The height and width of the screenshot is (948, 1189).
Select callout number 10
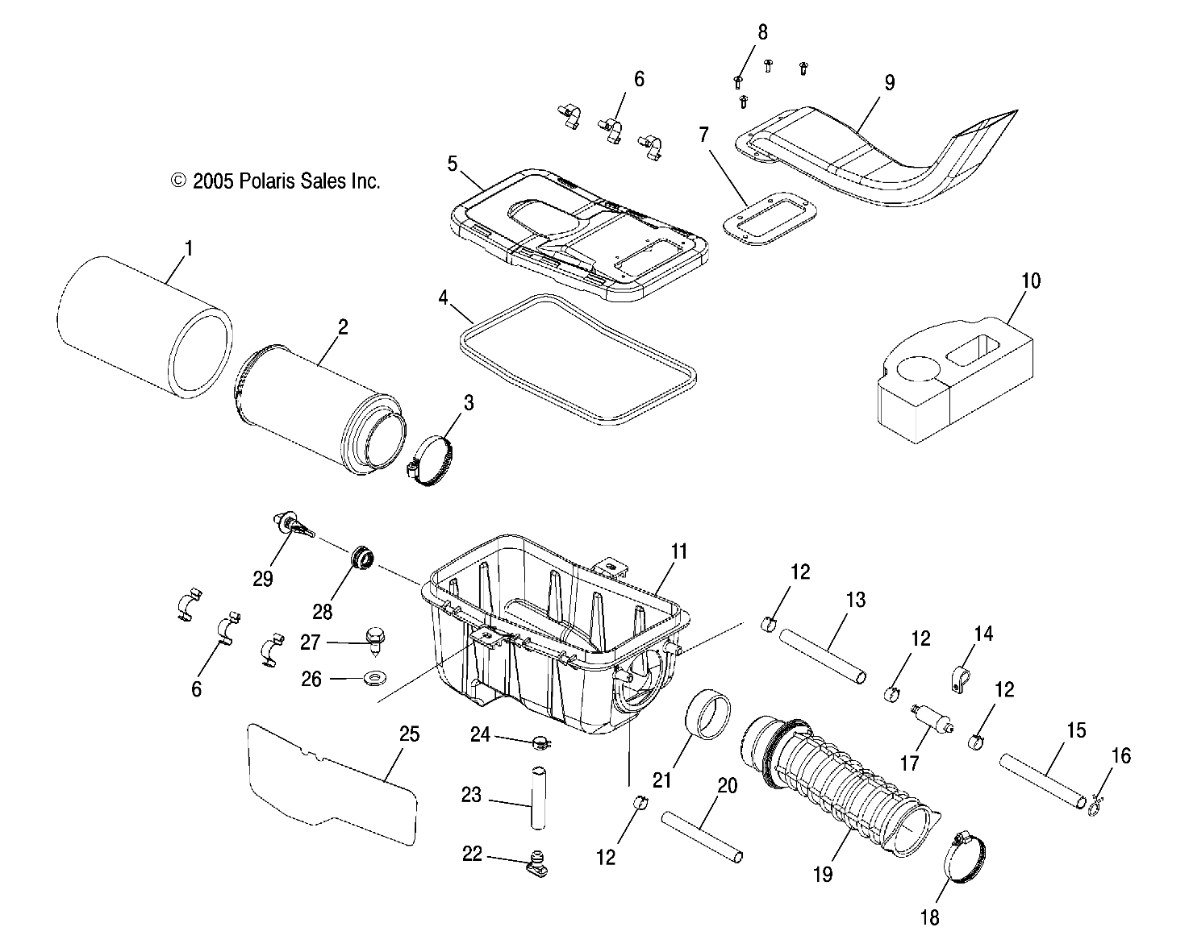click(1030, 281)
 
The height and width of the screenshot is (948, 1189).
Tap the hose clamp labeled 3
click(432, 462)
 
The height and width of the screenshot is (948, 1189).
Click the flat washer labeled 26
click(374, 679)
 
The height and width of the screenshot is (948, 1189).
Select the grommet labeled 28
click(362, 558)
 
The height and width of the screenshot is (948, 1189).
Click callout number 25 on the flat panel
click(409, 734)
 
